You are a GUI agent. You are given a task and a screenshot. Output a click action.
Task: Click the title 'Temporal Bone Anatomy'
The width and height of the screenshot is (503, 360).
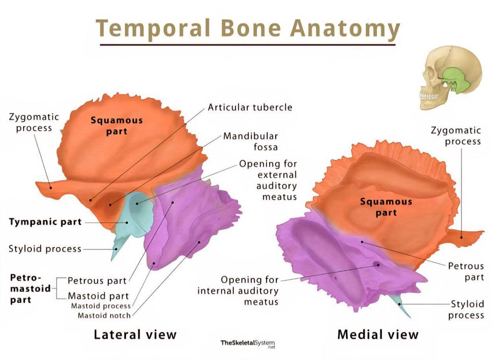pos(248,28)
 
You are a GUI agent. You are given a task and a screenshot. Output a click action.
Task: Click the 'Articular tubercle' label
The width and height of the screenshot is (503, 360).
pos(250,107)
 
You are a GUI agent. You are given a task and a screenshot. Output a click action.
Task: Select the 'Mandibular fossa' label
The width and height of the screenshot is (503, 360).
pos(251,141)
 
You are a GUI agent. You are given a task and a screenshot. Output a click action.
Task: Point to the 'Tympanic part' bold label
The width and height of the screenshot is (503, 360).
pos(45,222)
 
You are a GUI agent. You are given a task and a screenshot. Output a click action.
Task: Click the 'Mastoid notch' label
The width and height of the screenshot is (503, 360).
pos(104,315)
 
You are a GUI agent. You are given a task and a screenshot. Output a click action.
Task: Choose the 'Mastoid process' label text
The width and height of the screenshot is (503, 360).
pos(101,306)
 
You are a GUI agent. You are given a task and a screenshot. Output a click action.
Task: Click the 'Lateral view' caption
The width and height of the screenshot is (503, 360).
pos(135,334)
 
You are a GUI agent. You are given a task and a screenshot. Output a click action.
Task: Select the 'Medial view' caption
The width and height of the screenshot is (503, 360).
pos(378,334)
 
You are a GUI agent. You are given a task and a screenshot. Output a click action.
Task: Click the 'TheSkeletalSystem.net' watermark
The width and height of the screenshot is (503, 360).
pos(248,344)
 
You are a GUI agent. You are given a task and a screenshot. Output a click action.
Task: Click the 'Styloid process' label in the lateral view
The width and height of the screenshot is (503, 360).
pos(45,249)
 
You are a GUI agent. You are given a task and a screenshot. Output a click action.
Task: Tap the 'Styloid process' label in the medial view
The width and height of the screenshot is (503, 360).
pos(467,309)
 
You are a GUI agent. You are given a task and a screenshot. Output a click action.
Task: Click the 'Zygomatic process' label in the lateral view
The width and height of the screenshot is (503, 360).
pos(34,122)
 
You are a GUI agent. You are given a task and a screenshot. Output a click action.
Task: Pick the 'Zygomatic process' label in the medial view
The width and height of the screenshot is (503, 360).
pos(456,135)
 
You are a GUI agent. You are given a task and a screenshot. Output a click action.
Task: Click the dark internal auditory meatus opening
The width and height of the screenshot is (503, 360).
pos(377,264)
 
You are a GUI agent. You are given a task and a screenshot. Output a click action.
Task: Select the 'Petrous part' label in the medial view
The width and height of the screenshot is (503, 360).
pos(466,272)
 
